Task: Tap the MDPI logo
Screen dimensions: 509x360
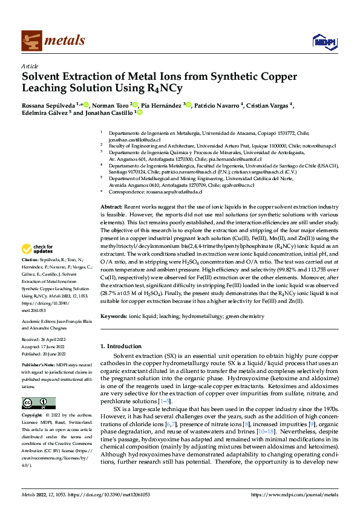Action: pos(322,41)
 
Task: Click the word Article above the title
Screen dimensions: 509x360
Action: pos(30,66)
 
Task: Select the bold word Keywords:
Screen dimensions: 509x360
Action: pos(114,316)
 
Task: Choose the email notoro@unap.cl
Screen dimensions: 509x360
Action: pos(321,146)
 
